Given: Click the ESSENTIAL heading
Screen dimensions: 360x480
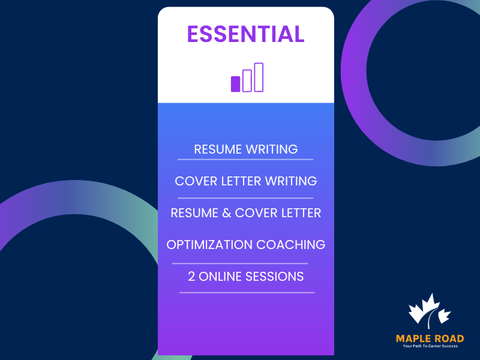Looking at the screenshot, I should tap(246, 34).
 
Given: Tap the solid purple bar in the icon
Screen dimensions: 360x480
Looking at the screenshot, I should tap(235, 84).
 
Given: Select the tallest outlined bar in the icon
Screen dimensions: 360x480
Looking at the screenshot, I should tap(259, 77).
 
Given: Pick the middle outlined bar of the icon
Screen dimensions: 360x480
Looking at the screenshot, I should tap(247, 81).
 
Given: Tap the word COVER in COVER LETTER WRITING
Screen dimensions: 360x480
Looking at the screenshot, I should tap(194, 181).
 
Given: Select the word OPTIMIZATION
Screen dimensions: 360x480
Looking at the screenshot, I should tap(209, 245).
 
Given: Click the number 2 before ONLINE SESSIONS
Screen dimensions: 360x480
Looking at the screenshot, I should tap(192, 277).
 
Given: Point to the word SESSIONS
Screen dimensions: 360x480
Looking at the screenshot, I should tap(277, 277).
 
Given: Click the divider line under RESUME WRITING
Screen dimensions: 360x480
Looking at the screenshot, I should tap(245, 160).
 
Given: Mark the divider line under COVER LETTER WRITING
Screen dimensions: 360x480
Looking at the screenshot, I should tap(245, 197).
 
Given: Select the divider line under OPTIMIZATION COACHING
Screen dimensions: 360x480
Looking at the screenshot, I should tap(240, 263).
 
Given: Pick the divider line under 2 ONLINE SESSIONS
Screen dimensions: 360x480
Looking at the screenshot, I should tap(247, 293).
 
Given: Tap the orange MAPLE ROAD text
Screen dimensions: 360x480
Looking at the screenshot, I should tap(430, 339).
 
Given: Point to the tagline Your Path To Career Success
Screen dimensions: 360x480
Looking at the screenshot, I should tap(430, 347).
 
